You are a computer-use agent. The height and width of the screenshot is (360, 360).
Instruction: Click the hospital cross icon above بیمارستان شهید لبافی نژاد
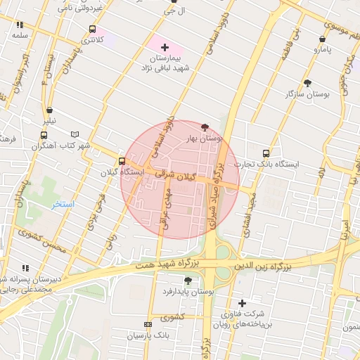165,47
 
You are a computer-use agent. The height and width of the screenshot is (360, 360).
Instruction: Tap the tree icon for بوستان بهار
205,127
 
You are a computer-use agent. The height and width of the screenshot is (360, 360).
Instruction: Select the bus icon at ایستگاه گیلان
122,161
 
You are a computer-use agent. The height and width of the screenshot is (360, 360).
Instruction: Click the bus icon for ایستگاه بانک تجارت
266,153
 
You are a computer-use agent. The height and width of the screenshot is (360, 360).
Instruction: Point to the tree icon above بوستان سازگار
307,83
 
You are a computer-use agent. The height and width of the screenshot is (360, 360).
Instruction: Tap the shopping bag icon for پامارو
322,39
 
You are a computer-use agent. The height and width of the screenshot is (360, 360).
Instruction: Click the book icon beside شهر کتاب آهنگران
75,134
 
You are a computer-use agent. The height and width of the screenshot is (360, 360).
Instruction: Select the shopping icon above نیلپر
49,110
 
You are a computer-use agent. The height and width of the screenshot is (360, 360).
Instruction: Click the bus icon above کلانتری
92,30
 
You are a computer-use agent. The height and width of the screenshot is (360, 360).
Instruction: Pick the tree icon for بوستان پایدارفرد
187,281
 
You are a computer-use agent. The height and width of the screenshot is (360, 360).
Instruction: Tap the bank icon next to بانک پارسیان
147,324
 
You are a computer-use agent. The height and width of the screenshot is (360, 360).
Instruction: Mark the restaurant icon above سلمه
19,25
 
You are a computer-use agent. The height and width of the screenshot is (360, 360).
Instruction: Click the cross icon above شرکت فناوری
242,303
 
